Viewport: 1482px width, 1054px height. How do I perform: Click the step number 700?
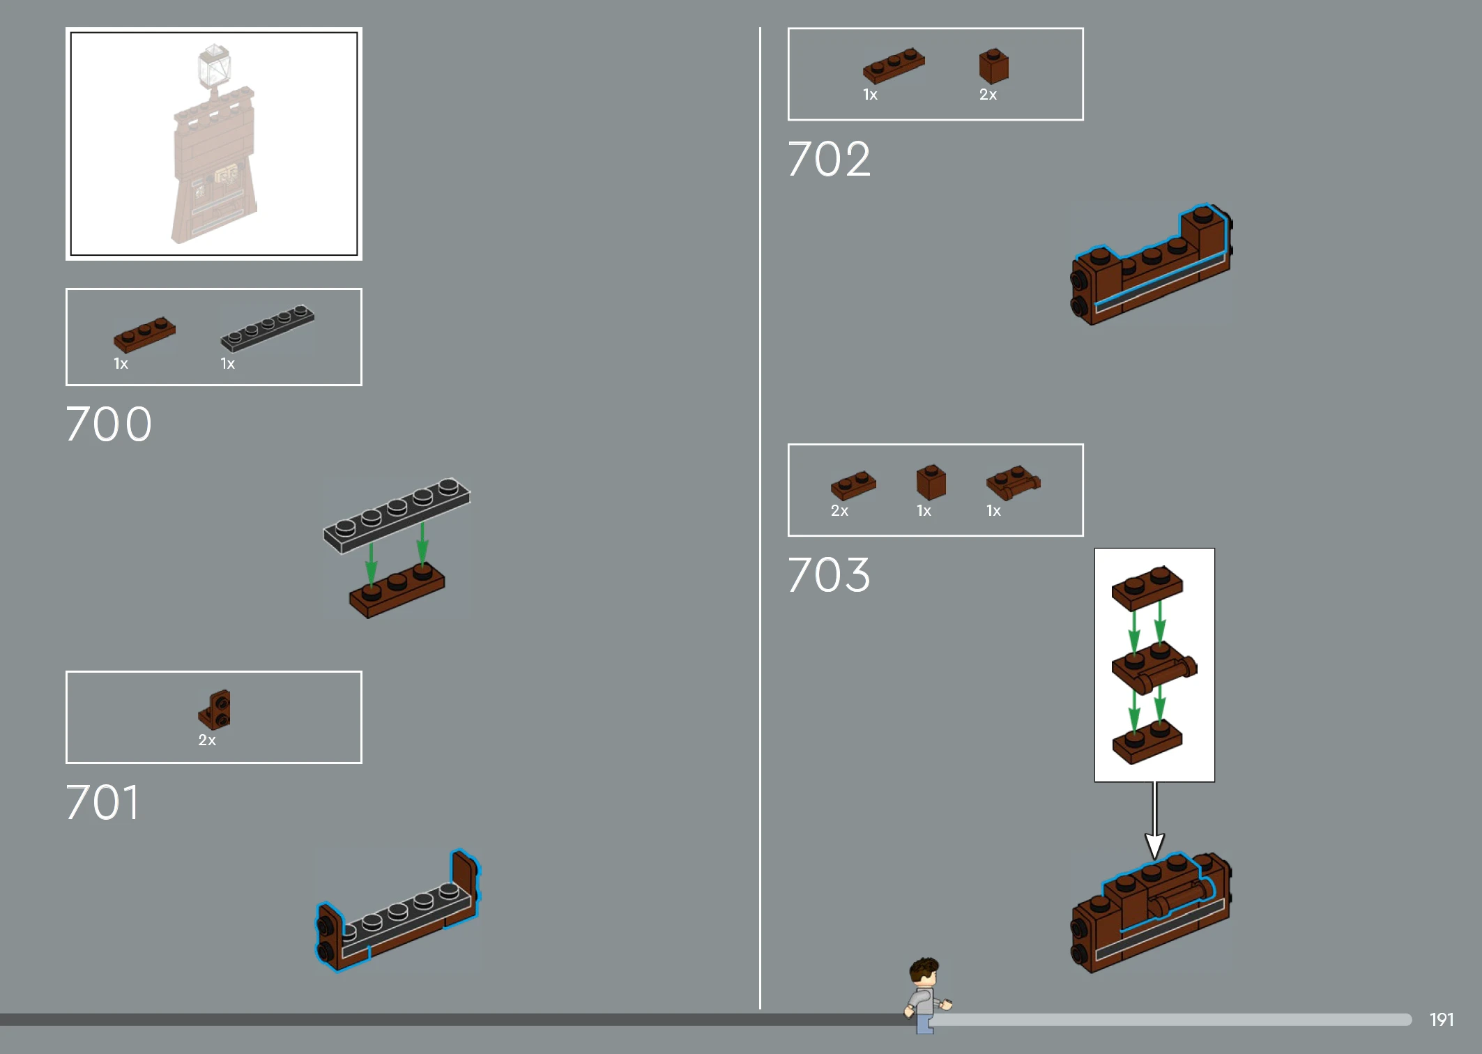(109, 424)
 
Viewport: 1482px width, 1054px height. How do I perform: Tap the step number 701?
(103, 802)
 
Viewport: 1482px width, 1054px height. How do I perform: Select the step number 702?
(830, 159)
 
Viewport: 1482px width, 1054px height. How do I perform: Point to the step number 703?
(830, 575)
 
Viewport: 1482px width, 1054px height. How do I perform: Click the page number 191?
(1442, 1020)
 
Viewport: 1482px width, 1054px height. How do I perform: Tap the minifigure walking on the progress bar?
(926, 995)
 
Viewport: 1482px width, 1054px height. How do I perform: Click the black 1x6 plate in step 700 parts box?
(268, 328)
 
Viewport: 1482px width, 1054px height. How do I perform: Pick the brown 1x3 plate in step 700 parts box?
(144, 334)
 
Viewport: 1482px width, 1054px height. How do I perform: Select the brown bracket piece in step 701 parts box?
(214, 710)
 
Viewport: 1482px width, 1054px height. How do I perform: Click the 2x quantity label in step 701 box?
(207, 740)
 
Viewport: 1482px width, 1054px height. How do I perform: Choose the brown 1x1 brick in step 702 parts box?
(993, 66)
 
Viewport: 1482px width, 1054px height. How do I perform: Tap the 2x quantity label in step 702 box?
(988, 94)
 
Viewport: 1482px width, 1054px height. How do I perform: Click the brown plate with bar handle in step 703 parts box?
(1013, 482)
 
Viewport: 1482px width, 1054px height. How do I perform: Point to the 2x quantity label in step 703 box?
(839, 510)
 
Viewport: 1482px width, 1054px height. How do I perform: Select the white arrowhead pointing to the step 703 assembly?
(1154, 846)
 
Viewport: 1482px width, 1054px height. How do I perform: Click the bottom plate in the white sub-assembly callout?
(1147, 742)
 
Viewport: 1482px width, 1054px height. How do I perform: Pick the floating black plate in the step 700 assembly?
(397, 515)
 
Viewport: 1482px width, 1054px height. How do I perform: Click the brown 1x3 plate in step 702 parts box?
(894, 66)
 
